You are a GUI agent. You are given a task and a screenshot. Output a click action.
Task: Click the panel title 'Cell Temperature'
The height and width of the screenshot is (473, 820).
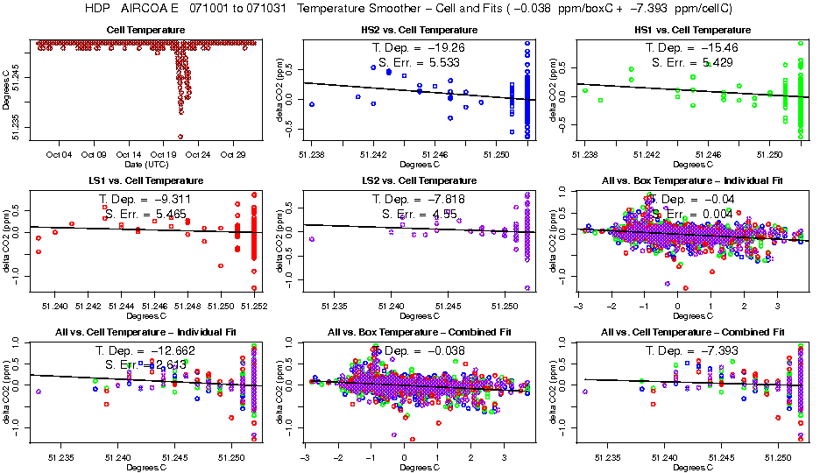pos(145,30)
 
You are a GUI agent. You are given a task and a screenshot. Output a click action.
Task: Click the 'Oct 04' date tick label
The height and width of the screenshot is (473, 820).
pos(59,155)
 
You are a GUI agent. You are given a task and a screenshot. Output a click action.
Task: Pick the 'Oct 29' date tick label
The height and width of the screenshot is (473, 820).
pos(233,155)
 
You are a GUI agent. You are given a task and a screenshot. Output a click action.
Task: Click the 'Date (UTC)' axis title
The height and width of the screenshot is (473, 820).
pos(145,165)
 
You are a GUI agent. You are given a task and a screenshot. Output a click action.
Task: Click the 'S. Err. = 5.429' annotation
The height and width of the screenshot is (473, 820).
pos(689,62)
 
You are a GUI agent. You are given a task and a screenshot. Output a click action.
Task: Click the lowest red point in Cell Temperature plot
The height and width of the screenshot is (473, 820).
pos(180,137)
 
